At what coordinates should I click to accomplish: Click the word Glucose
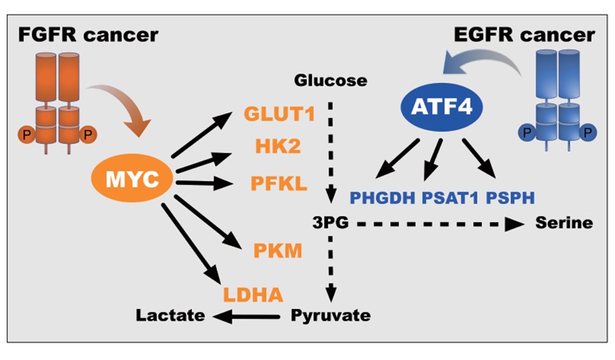331,81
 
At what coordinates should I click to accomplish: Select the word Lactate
170,316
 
